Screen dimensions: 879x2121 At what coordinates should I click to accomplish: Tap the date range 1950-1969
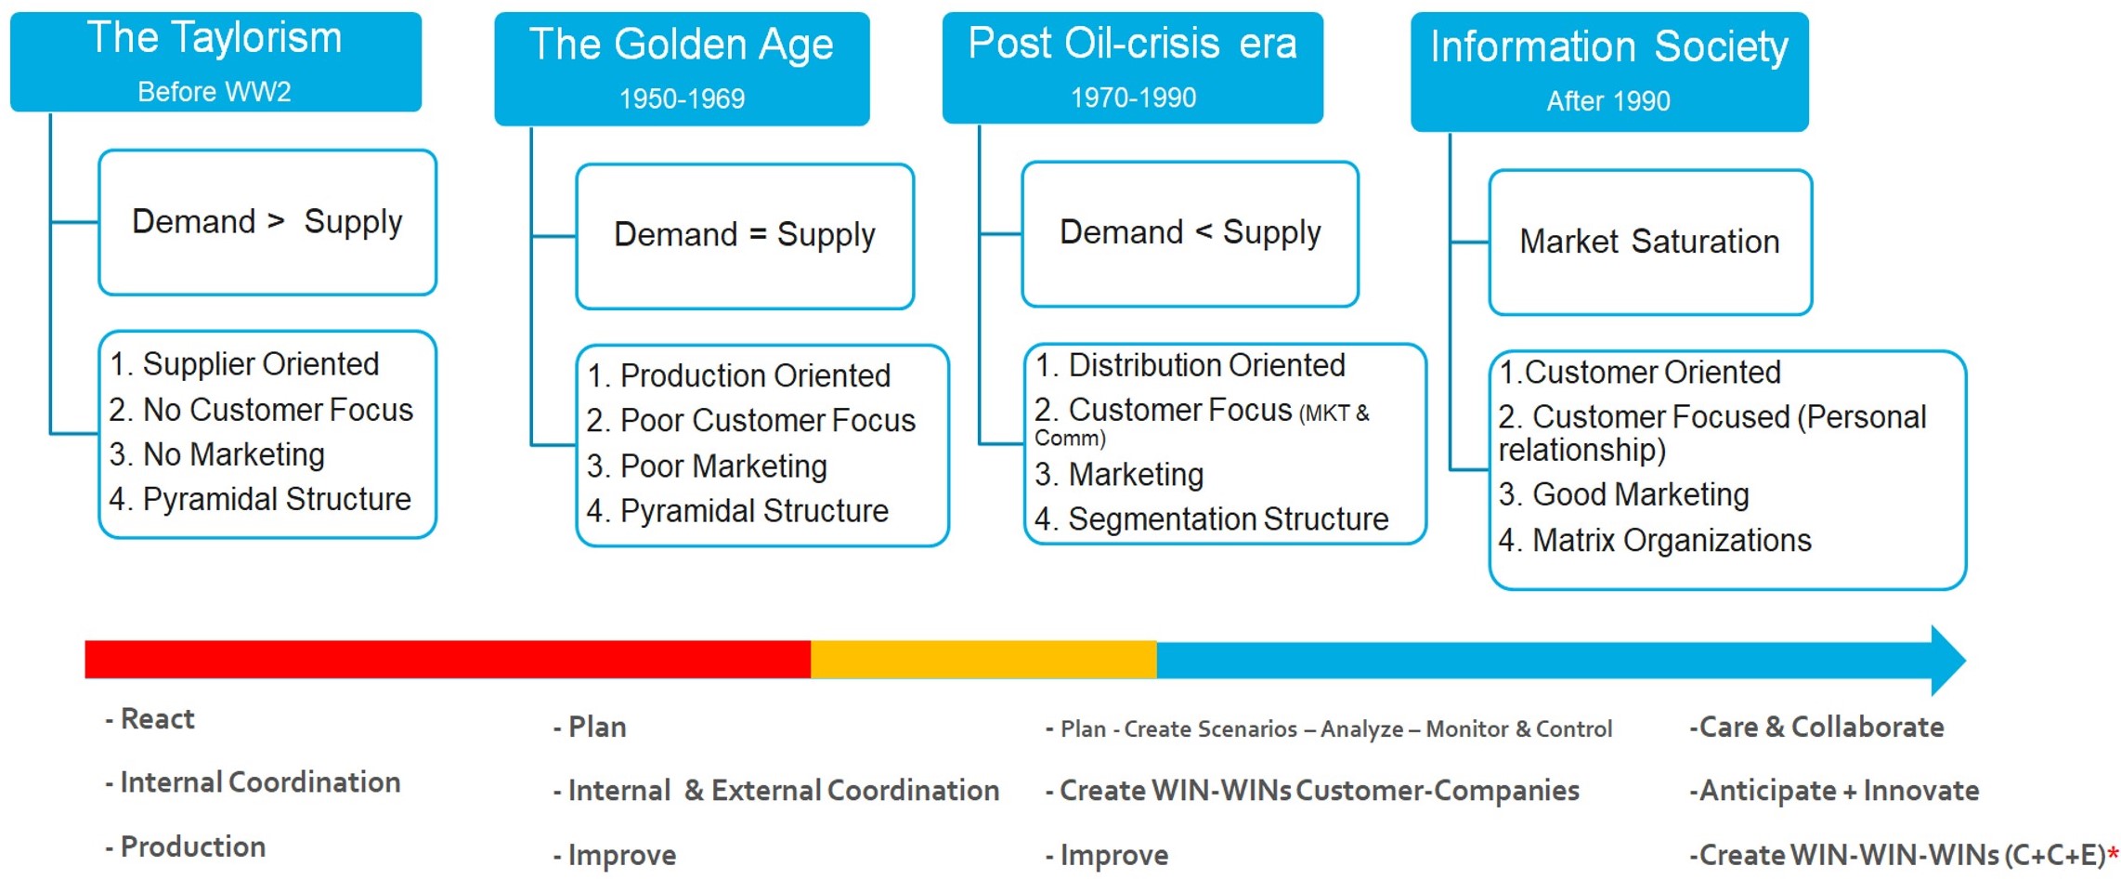point(682,98)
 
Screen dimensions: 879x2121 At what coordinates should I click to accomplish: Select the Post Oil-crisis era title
point(1132,44)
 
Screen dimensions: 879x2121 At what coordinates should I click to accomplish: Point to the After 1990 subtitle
point(1607,100)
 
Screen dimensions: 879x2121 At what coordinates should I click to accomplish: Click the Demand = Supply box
point(744,235)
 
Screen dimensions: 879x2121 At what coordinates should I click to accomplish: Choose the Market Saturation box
point(1649,242)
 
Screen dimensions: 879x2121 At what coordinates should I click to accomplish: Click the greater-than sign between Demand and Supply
point(276,221)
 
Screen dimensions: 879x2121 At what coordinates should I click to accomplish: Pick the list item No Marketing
point(217,454)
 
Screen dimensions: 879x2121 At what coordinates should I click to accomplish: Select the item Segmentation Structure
point(1212,519)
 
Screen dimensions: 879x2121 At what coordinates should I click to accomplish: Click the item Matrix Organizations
point(1655,540)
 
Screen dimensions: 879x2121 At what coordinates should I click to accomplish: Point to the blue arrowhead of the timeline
point(1946,660)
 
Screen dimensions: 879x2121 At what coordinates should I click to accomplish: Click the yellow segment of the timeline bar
point(982,659)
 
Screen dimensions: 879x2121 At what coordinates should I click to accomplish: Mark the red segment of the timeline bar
point(446,659)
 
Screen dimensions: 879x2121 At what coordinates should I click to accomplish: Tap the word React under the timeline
point(157,719)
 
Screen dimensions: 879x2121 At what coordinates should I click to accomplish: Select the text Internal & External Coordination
point(776,791)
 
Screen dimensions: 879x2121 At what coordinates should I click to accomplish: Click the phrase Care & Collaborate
point(1816,727)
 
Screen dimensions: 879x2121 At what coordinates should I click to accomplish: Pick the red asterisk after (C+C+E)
point(2113,852)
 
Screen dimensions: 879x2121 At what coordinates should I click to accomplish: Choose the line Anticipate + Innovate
point(1834,791)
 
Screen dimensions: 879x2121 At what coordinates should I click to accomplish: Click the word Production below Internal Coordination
point(192,846)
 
